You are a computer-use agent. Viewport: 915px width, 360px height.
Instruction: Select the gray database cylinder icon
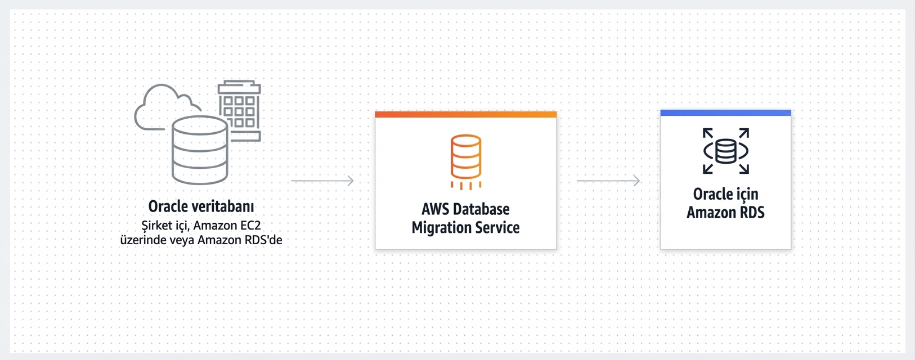[200, 150]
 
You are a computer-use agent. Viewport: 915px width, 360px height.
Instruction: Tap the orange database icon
[466, 158]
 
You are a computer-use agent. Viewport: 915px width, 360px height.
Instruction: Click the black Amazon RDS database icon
[726, 151]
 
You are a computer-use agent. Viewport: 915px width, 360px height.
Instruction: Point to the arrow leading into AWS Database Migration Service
[322, 181]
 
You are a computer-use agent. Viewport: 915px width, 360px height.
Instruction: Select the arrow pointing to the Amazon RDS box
[608, 181]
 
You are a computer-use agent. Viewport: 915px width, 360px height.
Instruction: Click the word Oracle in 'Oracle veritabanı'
[168, 206]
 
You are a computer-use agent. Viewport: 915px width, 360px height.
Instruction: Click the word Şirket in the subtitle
[156, 226]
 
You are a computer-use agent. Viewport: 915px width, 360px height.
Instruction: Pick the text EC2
[250, 226]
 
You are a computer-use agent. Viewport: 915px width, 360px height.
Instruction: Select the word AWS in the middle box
[435, 209]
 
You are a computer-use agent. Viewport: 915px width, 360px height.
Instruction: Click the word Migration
[439, 228]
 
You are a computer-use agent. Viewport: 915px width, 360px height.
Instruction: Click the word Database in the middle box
[481, 209]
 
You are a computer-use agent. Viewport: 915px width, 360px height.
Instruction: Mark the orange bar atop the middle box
[466, 114]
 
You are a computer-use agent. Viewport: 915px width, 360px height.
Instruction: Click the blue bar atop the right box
[725, 113]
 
